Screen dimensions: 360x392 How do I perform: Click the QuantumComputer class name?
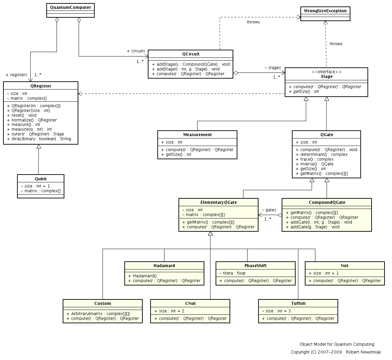click(70, 7)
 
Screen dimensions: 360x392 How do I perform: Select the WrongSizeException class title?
click(325, 11)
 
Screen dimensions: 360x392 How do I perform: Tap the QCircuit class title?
click(191, 54)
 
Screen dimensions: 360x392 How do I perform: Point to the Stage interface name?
click(326, 77)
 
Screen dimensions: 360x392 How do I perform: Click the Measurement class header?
click(197, 134)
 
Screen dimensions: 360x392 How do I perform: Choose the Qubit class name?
click(41, 179)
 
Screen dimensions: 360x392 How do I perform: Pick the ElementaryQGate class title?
click(218, 202)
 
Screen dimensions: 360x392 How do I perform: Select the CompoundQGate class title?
click(327, 202)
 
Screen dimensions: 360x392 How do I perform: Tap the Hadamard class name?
click(164, 265)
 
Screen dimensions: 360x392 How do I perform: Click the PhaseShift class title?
click(255, 265)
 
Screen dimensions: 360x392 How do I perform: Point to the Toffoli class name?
click(298, 303)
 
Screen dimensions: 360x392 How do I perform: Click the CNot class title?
click(190, 303)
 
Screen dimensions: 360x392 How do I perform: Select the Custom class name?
click(103, 303)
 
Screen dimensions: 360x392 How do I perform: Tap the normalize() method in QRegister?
click(32, 120)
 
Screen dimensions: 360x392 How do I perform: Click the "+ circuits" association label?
click(136, 51)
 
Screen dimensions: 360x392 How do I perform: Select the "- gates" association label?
click(269, 210)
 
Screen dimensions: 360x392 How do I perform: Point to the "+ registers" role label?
click(16, 75)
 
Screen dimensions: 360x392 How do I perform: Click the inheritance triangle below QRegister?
click(39, 147)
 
